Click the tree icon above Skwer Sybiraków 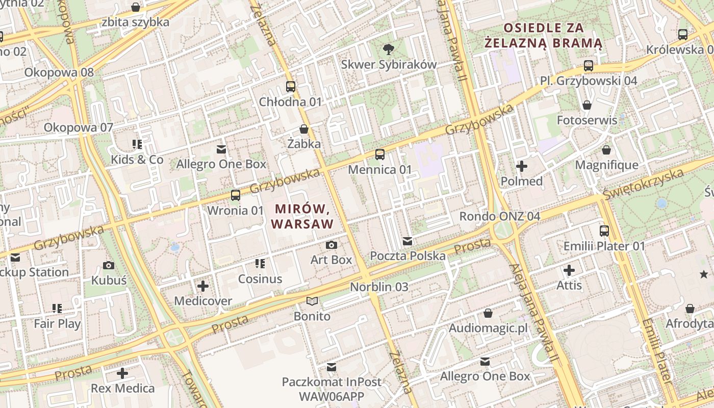coord(389,49)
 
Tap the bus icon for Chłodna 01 coord(291,87)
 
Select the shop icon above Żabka coord(304,129)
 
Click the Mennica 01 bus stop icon coord(380,154)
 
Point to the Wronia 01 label coord(236,210)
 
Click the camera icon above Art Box coord(331,245)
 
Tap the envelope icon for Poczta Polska coord(407,241)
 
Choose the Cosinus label coord(260,279)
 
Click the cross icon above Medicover coord(203,286)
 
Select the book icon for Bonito coord(312,301)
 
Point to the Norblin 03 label coord(379,287)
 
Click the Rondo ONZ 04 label coord(499,216)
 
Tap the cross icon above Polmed coord(522,166)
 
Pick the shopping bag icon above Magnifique coord(606,150)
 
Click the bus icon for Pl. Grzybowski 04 coord(589,66)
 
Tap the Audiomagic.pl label coord(488,328)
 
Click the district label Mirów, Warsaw coord(302,216)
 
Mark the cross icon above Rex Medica coord(122,373)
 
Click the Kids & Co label coord(137,160)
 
